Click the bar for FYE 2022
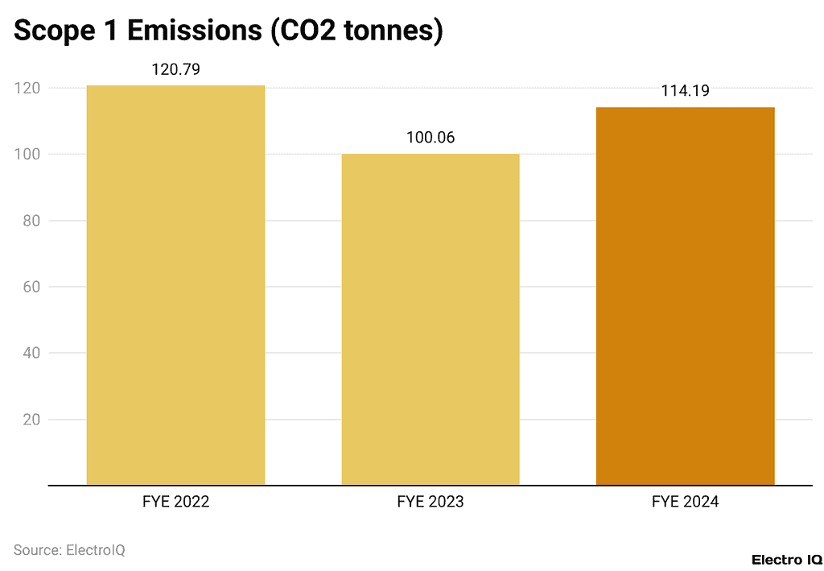(175, 285)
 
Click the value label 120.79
(175, 69)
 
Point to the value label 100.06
(431, 138)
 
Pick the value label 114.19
(685, 91)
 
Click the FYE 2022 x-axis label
(175, 502)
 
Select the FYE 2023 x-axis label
(431, 502)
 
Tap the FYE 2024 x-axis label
(685, 502)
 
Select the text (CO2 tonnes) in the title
(357, 31)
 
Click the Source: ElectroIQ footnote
(69, 550)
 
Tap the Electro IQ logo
(786, 559)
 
